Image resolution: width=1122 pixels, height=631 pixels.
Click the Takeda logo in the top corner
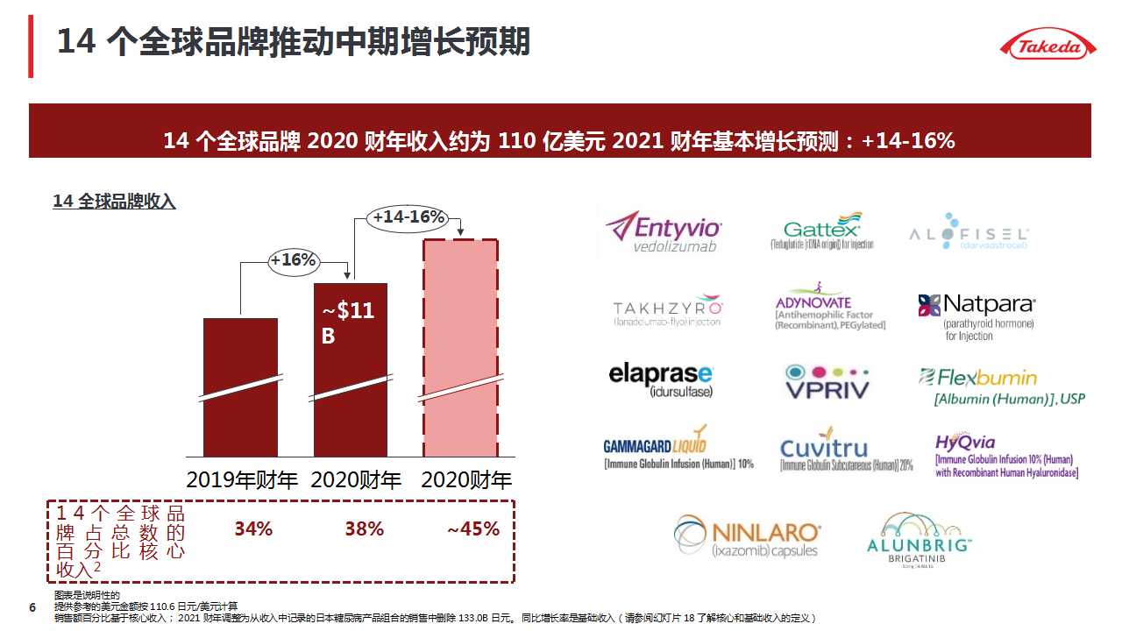click(1048, 45)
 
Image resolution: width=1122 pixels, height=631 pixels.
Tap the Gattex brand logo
click(822, 231)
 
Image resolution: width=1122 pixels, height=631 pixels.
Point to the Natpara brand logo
click(976, 316)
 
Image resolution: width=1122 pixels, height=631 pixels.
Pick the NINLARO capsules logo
click(748, 536)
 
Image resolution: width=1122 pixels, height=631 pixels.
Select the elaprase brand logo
click(661, 379)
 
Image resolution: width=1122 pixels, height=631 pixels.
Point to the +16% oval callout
click(293, 260)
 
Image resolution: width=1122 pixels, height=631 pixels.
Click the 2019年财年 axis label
click(242, 480)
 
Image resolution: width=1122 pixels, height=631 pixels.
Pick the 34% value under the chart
click(253, 528)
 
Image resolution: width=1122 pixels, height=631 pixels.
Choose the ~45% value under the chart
click(473, 528)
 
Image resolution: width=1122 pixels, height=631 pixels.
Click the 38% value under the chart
click(364, 528)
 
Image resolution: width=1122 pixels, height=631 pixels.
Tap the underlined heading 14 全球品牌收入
click(114, 202)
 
